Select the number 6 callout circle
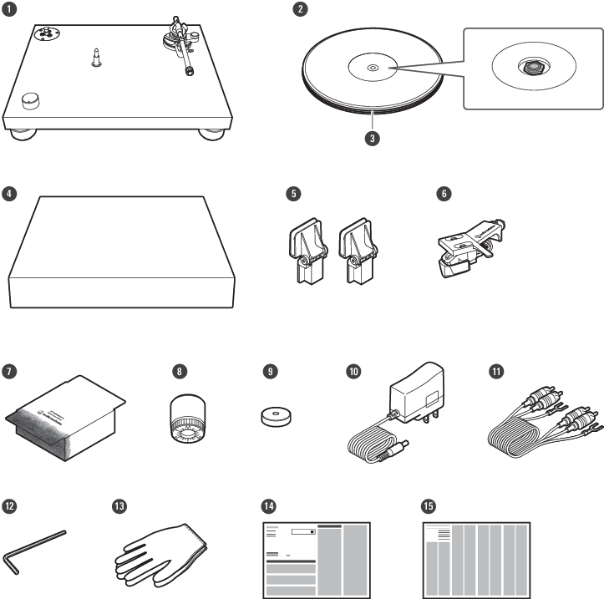444,193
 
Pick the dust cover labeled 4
121,251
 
